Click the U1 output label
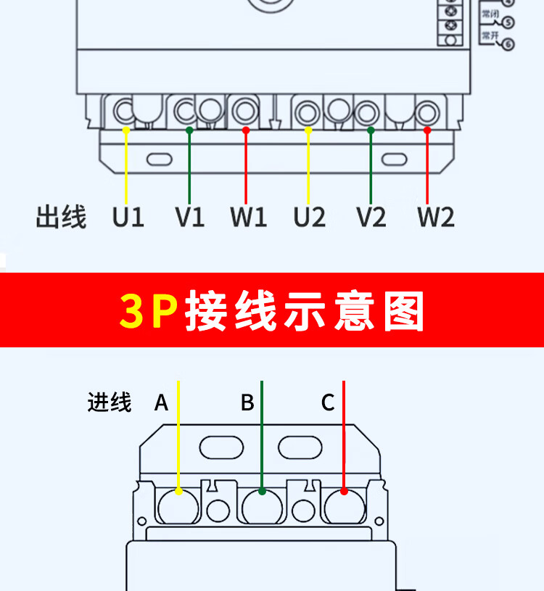coord(128,217)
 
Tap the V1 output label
coord(189,217)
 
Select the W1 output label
coord(249,217)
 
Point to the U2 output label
coord(310,217)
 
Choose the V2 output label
coord(371,217)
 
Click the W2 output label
coord(436,217)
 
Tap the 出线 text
coord(61,217)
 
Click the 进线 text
coord(110,402)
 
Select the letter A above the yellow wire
coord(161,402)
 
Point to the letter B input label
coord(247,402)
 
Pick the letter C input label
coord(328,402)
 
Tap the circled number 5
coord(508,22)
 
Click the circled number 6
coord(508,45)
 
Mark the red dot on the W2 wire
coord(427,130)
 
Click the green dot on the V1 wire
coord(189,130)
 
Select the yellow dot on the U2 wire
coord(308,130)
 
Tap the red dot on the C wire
coord(344,492)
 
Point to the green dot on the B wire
coord(262,492)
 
